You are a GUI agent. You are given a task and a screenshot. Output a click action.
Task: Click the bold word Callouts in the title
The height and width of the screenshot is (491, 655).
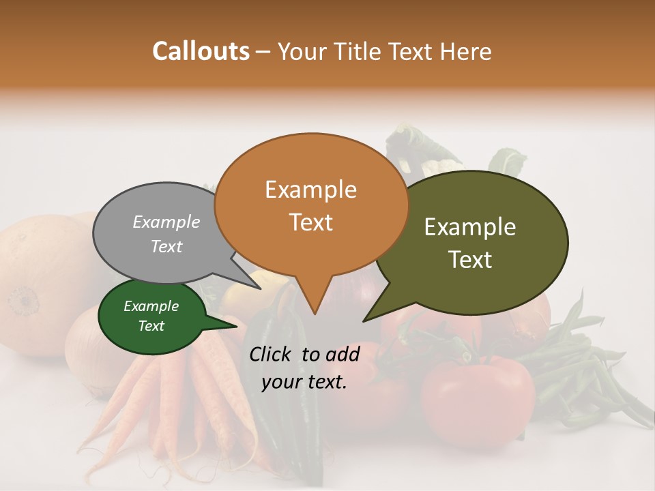(x=201, y=51)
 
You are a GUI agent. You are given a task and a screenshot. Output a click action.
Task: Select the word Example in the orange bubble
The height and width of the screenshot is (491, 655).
(x=310, y=190)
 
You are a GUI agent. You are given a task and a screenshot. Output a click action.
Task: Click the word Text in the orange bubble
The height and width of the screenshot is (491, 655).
(x=310, y=222)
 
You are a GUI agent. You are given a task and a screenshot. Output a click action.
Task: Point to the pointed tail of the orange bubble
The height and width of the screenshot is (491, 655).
(x=314, y=313)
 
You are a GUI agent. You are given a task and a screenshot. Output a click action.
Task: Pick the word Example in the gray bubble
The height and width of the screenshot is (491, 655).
(x=166, y=222)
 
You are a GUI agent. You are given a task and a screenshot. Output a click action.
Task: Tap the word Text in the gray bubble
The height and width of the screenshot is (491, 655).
(x=166, y=246)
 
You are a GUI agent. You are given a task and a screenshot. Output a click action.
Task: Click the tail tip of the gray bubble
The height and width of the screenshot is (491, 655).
(x=261, y=288)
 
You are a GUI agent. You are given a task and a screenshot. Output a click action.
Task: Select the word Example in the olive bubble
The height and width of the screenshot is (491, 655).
(x=470, y=227)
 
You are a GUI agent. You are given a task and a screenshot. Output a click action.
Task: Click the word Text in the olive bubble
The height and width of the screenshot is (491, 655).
(x=470, y=259)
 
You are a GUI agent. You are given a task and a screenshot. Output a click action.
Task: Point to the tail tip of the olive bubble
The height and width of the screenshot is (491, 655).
(x=364, y=321)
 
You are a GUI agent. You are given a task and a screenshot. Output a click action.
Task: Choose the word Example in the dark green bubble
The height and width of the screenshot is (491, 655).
(x=151, y=306)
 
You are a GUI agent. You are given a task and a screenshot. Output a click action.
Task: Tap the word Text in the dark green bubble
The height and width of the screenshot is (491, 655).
(x=151, y=326)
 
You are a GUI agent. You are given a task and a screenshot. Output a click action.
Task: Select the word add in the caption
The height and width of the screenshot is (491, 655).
(x=344, y=353)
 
